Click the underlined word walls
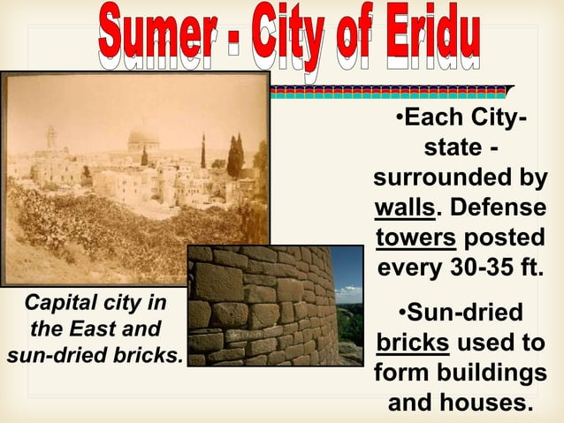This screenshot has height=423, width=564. point(404,208)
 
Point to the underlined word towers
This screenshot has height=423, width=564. point(415,238)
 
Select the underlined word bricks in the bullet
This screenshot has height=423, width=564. point(409,343)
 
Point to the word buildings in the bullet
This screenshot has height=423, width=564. point(500,374)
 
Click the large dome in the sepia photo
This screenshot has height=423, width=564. point(142,138)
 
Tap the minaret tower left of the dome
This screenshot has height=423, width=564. point(51,137)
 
